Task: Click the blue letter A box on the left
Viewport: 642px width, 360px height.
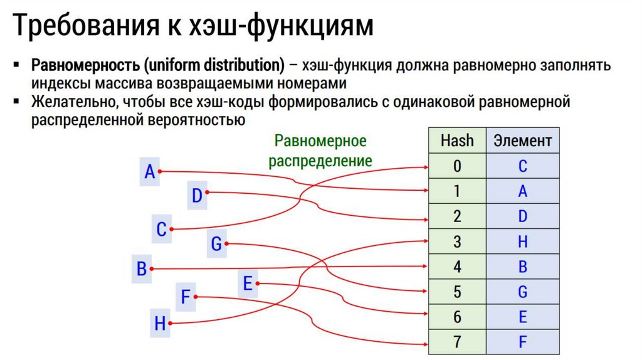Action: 149,171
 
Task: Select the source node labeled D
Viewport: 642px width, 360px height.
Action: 197,196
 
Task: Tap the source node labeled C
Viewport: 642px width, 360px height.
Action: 161,230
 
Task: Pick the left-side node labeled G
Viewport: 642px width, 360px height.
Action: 216,244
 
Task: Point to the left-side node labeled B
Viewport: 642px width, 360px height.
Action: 142,269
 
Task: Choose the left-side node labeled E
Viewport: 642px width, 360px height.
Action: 248,284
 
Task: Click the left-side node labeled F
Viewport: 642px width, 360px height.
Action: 185,297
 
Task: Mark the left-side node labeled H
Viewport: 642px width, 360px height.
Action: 160,324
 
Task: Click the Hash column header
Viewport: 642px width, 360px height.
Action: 457,140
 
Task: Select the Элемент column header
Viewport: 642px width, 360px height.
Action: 523,140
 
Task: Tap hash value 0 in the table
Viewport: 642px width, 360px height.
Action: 457,166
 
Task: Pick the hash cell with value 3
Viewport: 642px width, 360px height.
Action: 457,241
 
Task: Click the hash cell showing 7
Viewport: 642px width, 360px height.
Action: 457,342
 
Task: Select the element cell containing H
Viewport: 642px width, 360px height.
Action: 523,241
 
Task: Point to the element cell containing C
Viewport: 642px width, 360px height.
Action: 523,166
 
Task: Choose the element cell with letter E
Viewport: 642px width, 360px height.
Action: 523,317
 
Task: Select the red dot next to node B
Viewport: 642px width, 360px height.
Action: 153,269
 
